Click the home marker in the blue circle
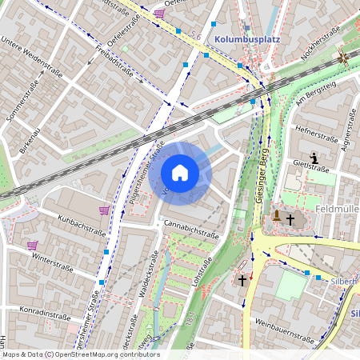[x=180, y=173]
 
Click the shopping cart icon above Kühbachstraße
[x=104, y=210]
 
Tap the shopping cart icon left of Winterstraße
[x=32, y=246]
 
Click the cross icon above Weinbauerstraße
[x=243, y=281]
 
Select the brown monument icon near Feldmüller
[x=276, y=216]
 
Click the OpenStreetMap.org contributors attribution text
[x=106, y=354]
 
